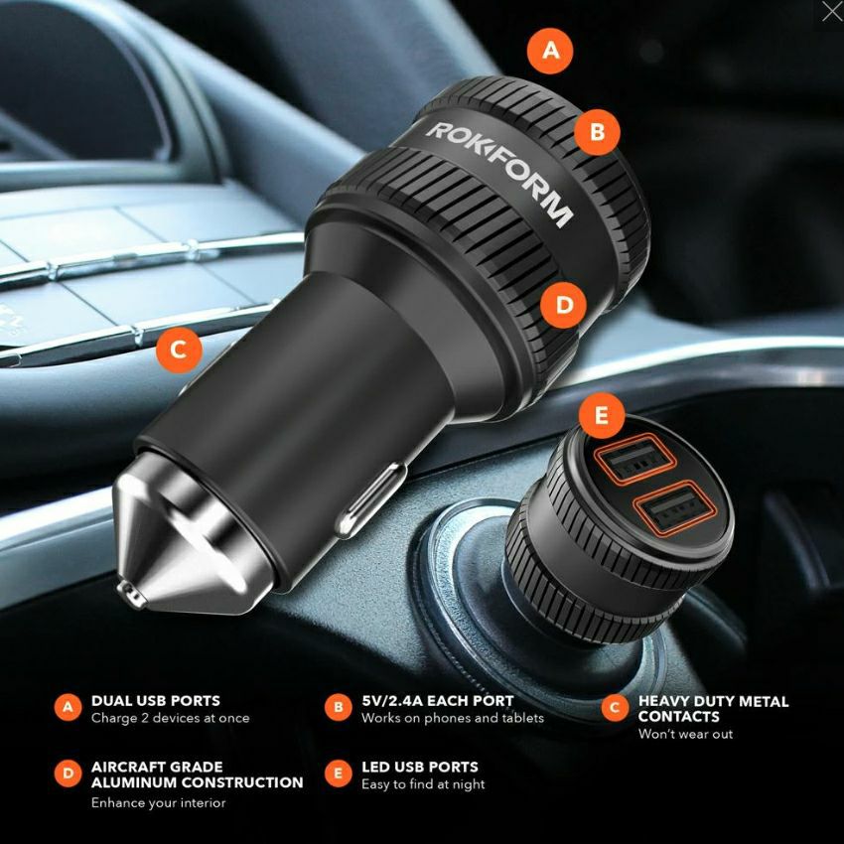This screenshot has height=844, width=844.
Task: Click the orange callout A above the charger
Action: click(550, 51)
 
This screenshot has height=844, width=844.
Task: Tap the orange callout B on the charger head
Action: click(597, 132)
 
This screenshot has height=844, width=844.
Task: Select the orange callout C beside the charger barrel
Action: click(179, 350)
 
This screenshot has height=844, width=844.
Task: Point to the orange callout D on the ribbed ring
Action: click(564, 305)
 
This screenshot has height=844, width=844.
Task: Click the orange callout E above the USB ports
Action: click(602, 415)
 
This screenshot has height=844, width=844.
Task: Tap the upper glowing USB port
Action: click(634, 459)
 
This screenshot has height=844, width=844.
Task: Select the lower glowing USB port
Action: click(674, 507)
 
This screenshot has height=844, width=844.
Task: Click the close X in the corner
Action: click(832, 11)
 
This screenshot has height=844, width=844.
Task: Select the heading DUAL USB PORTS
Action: click(156, 700)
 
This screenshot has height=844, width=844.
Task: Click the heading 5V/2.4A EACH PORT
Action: click(438, 700)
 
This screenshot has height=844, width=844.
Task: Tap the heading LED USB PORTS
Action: click(420, 767)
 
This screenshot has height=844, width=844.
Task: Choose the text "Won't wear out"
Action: click(685, 734)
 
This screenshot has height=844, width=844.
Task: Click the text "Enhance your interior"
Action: click(158, 802)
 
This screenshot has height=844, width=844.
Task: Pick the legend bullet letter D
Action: click(68, 774)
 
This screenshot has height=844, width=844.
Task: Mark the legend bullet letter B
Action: click(338, 707)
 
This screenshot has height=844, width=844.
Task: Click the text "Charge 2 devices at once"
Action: click(170, 718)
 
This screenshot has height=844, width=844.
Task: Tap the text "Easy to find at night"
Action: click(423, 784)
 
